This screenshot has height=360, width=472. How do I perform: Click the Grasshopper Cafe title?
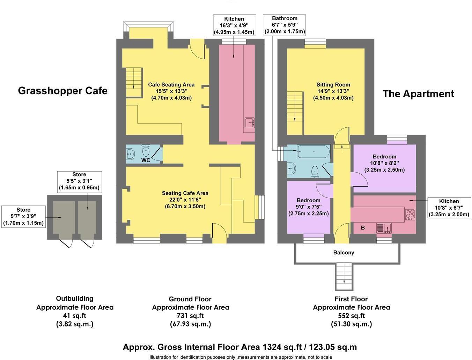pyautogui.click(x=62, y=91)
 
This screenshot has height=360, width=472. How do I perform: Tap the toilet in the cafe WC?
pyautogui.click(x=146, y=151)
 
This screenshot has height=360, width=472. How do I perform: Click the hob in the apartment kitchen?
pyautogui.click(x=410, y=213)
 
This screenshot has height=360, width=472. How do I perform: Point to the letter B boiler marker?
pyautogui.click(x=363, y=228)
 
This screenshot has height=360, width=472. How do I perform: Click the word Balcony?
pyautogui.click(x=344, y=253)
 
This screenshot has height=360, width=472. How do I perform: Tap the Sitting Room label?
pyautogui.click(x=333, y=84)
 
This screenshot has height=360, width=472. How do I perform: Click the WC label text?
pyautogui.click(x=146, y=160)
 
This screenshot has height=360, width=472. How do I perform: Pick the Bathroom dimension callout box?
pyautogui.click(x=285, y=25)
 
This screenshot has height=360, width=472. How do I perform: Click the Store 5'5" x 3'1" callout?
pyautogui.click(x=79, y=181)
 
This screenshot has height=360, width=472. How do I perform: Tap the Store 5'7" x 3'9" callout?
pyautogui.click(x=23, y=216)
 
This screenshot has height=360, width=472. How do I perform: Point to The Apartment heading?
pyautogui.click(x=418, y=94)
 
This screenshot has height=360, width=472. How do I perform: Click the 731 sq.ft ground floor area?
pyautogui.click(x=191, y=316)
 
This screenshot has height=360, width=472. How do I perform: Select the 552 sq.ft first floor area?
pyautogui.click(x=351, y=316)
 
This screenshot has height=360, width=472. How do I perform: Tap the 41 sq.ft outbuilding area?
pyautogui.click(x=75, y=315)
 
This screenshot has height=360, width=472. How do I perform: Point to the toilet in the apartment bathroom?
pyautogui.click(x=315, y=171)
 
